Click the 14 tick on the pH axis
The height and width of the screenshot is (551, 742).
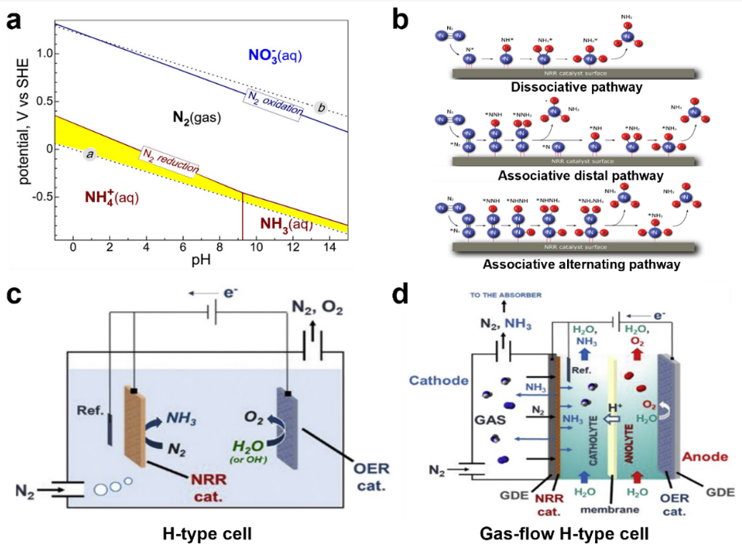click(x=329, y=246)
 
